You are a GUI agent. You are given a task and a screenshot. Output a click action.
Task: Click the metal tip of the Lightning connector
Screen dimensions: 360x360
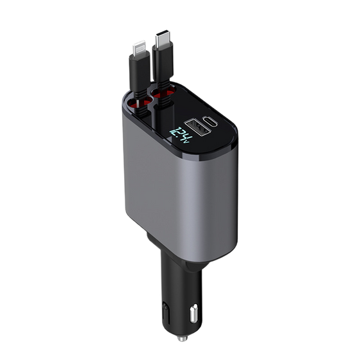pyautogui.click(x=139, y=48)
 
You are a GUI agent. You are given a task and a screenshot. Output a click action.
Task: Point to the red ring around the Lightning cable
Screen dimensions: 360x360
pyautogui.click(x=138, y=103)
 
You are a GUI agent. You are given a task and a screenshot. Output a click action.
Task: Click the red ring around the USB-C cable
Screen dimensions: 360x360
pyautogui.click(x=163, y=93)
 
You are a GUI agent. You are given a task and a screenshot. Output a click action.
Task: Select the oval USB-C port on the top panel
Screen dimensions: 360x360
pyautogui.click(x=210, y=122)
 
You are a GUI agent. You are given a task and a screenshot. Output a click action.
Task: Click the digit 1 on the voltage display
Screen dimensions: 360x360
pyautogui.click(x=173, y=132)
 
